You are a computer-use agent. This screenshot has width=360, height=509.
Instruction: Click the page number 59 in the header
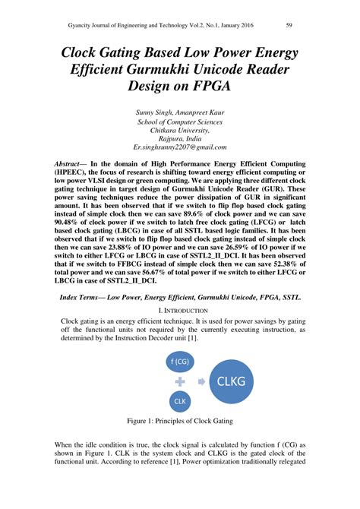pos(289,26)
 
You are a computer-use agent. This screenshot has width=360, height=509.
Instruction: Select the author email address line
pos(180,146)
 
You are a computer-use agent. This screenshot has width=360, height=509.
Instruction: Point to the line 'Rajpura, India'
pos(180,138)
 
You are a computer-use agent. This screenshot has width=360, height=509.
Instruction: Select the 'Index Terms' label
pos(90,296)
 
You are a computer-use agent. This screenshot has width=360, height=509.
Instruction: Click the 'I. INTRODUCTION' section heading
pos(180,311)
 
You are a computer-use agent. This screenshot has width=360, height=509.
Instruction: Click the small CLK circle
pos(181,400)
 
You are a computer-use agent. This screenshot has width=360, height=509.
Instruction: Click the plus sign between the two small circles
pos(181,381)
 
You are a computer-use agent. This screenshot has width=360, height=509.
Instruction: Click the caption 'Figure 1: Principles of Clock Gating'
pos(180,420)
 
